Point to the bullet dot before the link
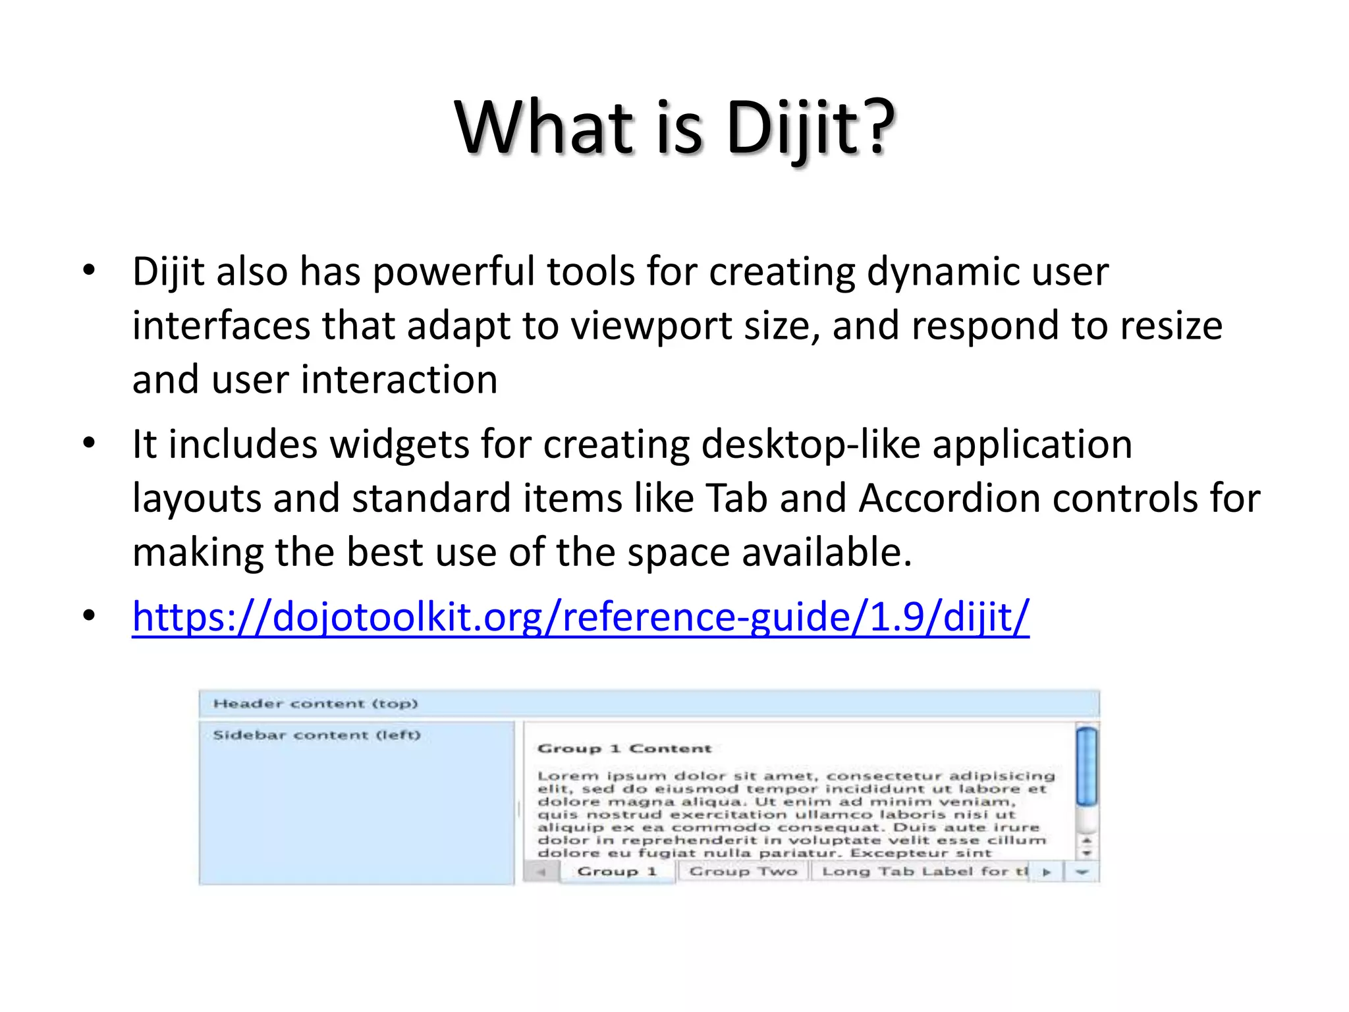tap(89, 615)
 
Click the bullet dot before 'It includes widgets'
tap(89, 443)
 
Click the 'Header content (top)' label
tap(316, 704)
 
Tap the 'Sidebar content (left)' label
tap(316, 735)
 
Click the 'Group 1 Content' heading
tap(624, 748)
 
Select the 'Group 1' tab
tap(617, 872)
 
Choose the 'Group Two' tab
tap(743, 872)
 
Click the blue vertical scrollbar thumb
tap(1086, 766)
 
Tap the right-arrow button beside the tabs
tap(1046, 872)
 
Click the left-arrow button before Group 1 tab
tap(541, 872)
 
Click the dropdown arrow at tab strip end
tap(1082, 872)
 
